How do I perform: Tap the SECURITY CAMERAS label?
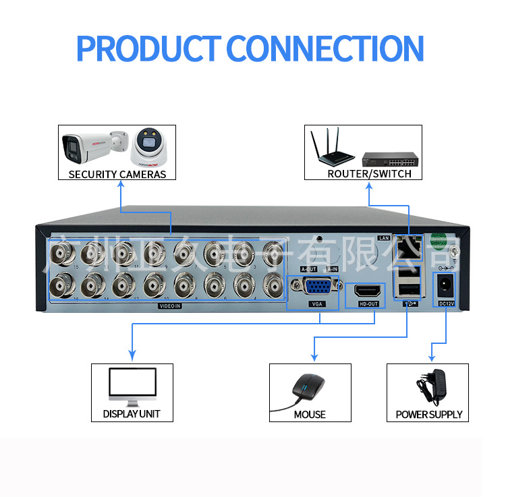pyautogui.click(x=117, y=174)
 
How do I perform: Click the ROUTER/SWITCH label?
pyautogui.click(x=369, y=174)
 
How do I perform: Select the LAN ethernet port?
pyautogui.click(x=407, y=249)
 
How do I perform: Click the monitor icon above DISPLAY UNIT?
pyautogui.click(x=132, y=385)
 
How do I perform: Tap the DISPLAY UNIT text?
pyautogui.click(x=132, y=414)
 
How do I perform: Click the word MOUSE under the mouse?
pyautogui.click(x=310, y=414)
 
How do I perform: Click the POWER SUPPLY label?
pyautogui.click(x=429, y=414)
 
